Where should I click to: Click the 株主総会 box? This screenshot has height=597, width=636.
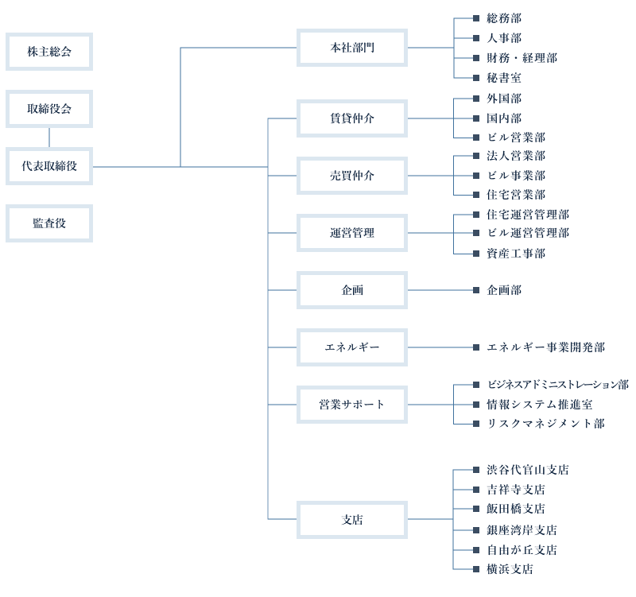click(x=49, y=52)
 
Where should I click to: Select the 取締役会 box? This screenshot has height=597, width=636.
click(x=49, y=109)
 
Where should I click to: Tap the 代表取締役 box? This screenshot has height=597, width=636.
click(x=49, y=166)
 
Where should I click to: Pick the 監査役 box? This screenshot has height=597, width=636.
click(x=49, y=223)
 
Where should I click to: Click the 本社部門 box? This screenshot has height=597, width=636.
click(x=352, y=48)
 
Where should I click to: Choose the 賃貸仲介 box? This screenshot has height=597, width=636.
click(x=352, y=118)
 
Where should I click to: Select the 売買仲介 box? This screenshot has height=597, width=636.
click(x=352, y=176)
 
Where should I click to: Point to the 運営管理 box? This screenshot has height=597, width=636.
click(x=352, y=233)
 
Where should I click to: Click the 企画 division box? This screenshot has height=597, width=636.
click(x=352, y=290)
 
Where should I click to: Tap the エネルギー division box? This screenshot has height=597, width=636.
click(x=352, y=347)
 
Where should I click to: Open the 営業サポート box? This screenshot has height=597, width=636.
click(x=352, y=405)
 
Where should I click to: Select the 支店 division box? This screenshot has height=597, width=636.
click(x=352, y=520)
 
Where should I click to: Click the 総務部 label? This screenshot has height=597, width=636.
click(x=504, y=17)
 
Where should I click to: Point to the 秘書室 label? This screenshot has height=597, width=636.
click(x=504, y=78)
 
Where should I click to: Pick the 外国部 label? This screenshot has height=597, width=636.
click(x=504, y=99)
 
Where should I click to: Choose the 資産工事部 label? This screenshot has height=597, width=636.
click(x=516, y=254)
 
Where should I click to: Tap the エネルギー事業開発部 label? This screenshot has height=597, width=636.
click(x=545, y=347)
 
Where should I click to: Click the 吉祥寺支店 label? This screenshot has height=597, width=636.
click(x=516, y=490)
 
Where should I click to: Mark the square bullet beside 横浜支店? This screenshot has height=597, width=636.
click(x=475, y=569)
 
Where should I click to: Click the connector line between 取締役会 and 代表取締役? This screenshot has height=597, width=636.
click(x=49, y=138)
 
